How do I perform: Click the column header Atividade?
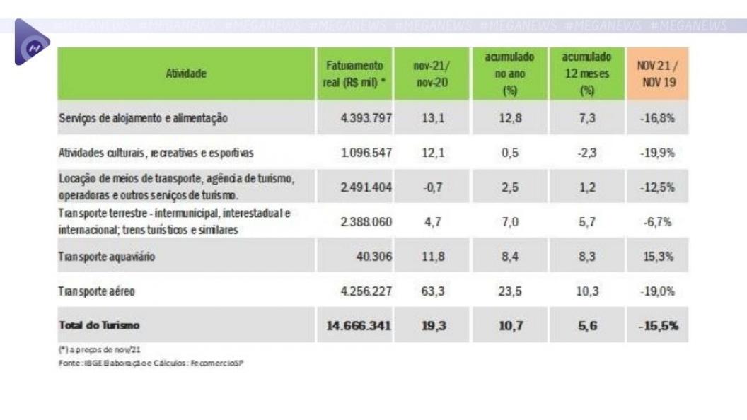187,73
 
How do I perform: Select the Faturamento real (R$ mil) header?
354,73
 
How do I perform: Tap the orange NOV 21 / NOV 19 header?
658,73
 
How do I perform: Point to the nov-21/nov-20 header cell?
431,73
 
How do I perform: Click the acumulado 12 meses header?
586,73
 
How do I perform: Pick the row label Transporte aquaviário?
106,257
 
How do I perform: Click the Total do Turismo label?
99,325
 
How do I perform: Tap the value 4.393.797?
364,118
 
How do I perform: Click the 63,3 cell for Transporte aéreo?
432,291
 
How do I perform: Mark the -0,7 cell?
432,187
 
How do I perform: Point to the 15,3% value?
658,257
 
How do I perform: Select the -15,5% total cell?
657,325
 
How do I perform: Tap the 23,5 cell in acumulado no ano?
510,291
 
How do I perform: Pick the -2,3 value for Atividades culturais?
586,153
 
